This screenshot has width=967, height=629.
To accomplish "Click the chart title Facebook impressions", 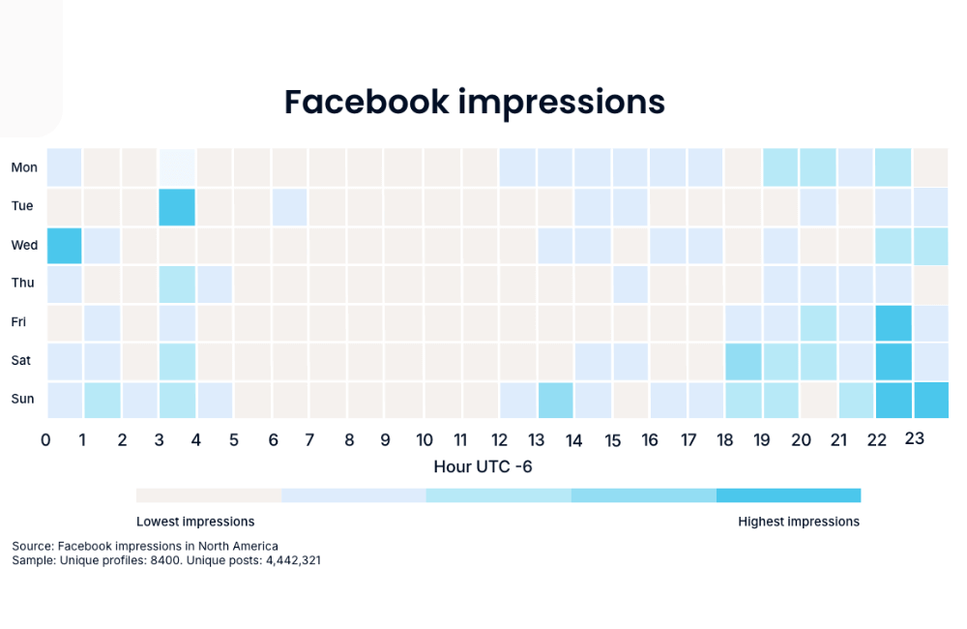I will coord(474,102).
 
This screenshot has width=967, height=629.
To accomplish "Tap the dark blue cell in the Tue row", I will coord(177,206).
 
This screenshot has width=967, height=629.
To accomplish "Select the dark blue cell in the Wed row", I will coord(64,245).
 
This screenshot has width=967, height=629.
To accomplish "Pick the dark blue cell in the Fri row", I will coord(893,322).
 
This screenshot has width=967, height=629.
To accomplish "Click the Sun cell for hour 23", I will coord(930,399).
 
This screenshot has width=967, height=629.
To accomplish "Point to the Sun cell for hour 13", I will coord(555,399).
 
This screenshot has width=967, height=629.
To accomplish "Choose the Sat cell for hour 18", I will coord(744,361).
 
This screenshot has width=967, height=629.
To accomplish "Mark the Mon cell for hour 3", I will coord(177,167).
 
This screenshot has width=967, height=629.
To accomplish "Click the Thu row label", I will coord(23,284).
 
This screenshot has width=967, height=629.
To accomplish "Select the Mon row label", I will coord(24,167).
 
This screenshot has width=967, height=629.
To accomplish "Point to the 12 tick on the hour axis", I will coord(499,440).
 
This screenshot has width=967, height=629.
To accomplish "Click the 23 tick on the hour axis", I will coord(914,439).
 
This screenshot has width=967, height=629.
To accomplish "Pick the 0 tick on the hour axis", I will coord(45,440).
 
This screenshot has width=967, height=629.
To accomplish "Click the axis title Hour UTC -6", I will coord(483,466).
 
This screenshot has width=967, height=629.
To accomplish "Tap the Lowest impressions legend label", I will coord(195,522).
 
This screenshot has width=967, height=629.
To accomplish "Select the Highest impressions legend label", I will coord(798,522).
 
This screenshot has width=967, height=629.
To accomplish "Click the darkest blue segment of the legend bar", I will coord(788,495).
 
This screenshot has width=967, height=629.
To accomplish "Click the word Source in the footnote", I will coord(32,546).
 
